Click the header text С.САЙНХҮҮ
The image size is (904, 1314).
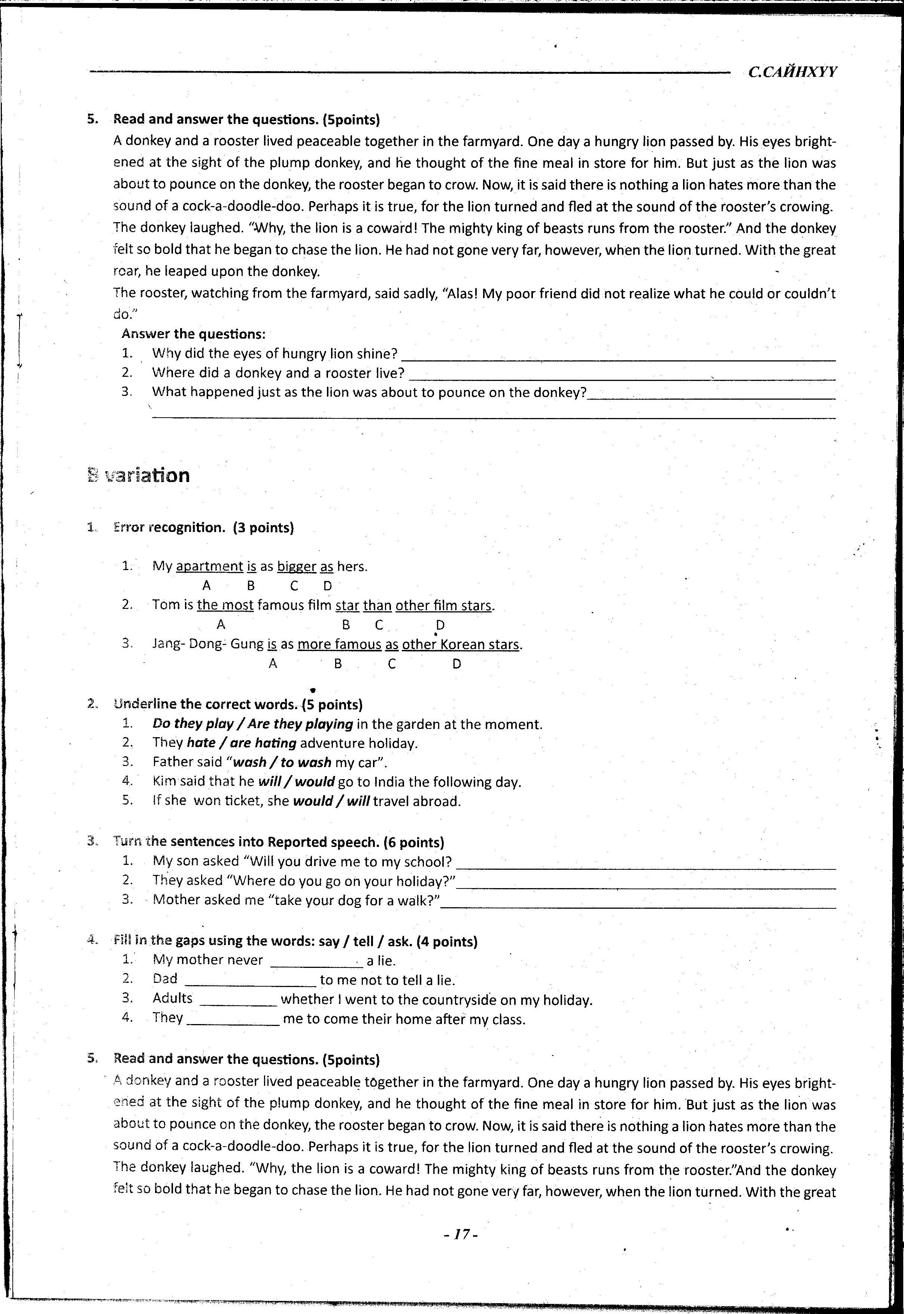pyautogui.click(x=792, y=72)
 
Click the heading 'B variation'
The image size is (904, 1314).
pyautogui.click(x=139, y=475)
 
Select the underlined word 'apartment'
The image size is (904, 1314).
pyautogui.click(x=210, y=566)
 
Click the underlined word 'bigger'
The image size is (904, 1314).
pyautogui.click(x=296, y=566)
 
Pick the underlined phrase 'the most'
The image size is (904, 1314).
pyautogui.click(x=225, y=605)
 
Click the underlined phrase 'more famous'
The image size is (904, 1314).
pyautogui.click(x=339, y=645)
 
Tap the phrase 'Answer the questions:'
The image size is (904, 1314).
pyautogui.click(x=193, y=334)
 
